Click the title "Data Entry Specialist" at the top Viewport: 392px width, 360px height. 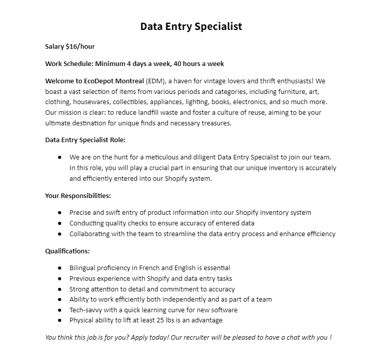[191, 26]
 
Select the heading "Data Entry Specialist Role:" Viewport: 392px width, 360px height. [85, 140]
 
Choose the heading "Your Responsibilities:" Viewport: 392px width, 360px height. [78, 195]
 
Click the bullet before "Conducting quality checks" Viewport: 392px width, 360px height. [59, 223]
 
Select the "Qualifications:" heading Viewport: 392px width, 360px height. [67, 251]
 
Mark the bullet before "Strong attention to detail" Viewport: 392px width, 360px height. [59, 289]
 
